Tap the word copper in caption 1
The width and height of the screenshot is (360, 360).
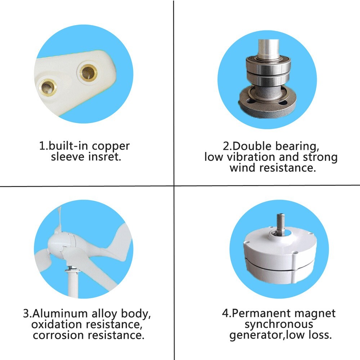point(111,146)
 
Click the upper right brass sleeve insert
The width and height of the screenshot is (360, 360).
point(87,72)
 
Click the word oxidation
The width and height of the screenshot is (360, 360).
point(57,324)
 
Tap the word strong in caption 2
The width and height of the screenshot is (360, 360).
point(319,157)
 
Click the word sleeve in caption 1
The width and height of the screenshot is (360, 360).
point(67,157)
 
